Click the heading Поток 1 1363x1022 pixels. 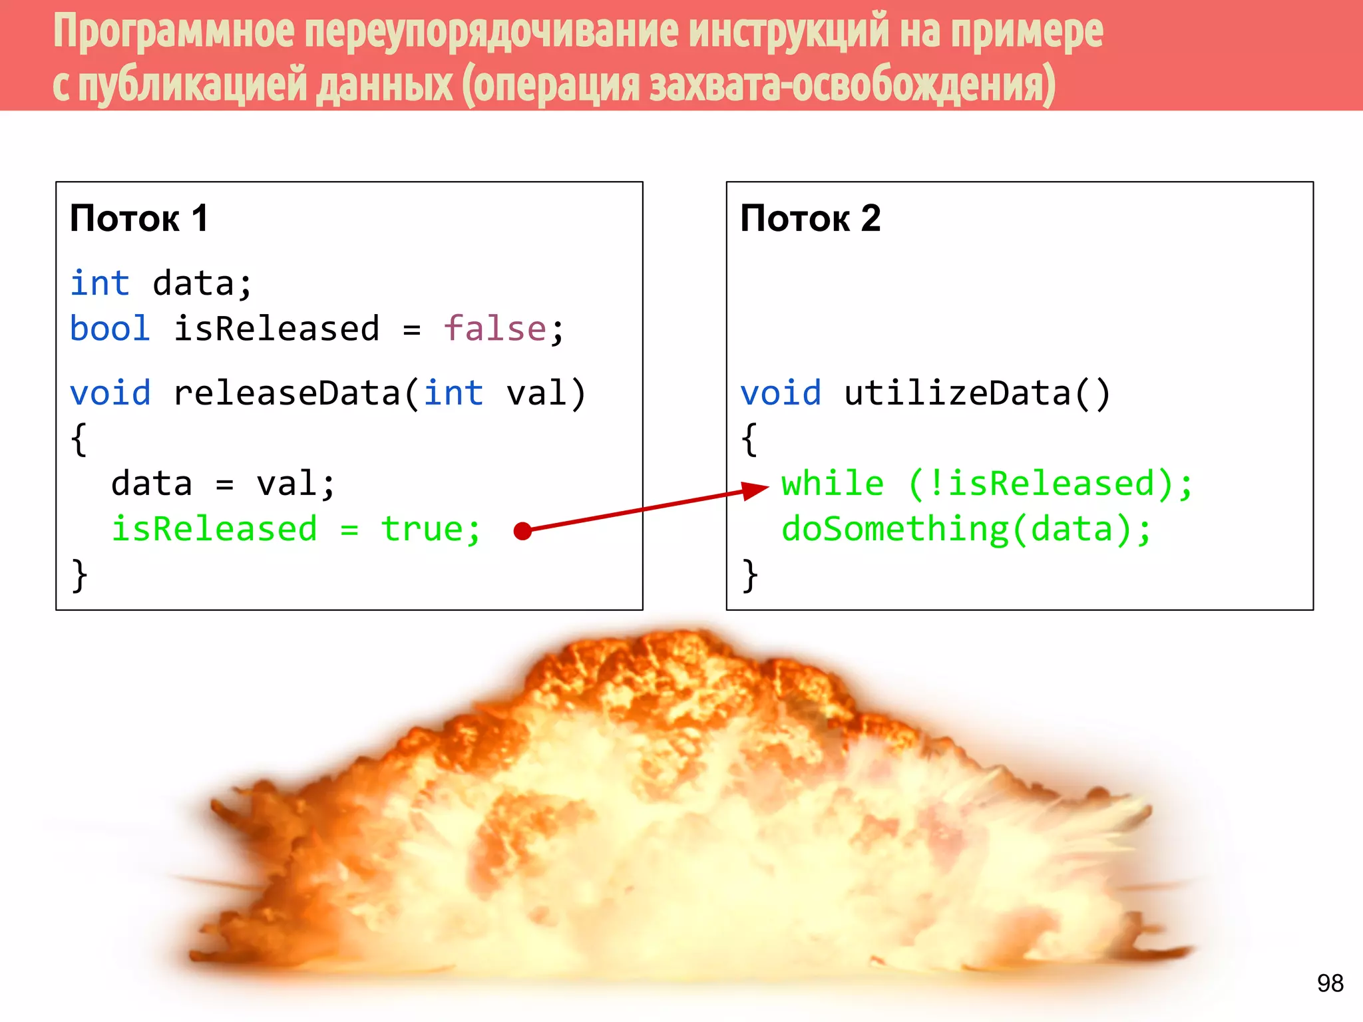[x=138, y=218]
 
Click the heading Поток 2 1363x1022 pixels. [x=810, y=218]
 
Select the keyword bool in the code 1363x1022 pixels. [x=110, y=329]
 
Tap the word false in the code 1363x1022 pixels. [x=495, y=329]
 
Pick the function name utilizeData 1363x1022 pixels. [x=956, y=393]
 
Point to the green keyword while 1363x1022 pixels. [x=833, y=484]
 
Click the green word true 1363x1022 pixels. [x=422, y=530]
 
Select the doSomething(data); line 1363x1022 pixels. [x=966, y=530]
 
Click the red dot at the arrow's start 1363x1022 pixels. [x=523, y=531]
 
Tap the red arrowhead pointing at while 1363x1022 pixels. [x=755, y=490]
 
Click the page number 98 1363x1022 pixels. [x=1330, y=983]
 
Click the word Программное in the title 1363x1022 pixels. [x=173, y=32]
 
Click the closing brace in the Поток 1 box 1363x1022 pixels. [x=79, y=575]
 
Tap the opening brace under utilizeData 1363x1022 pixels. [x=749, y=439]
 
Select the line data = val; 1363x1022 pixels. [x=223, y=484]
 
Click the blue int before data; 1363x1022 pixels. [x=100, y=283]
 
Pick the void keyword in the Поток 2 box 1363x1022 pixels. [x=781, y=393]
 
